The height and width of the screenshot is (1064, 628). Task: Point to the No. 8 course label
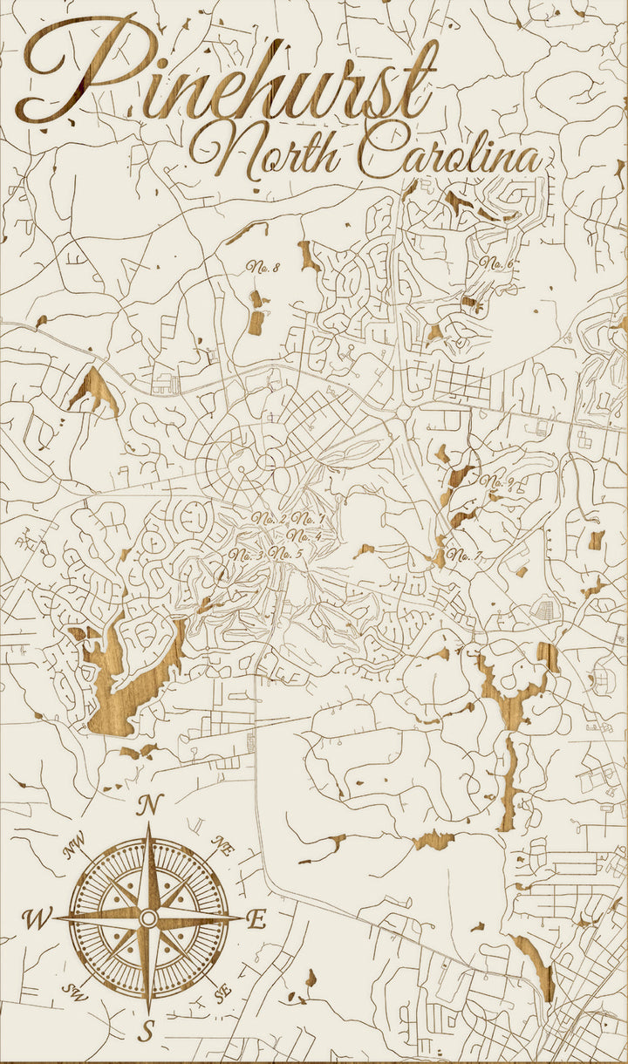(x=263, y=267)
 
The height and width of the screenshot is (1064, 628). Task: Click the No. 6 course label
(x=495, y=263)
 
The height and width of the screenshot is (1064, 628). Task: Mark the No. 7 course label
(x=466, y=556)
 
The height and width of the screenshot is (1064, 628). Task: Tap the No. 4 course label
(x=304, y=536)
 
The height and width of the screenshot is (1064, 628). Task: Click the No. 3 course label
(x=248, y=555)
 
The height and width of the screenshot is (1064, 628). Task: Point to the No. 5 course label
(x=286, y=554)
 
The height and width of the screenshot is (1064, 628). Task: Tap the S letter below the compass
(x=148, y=1031)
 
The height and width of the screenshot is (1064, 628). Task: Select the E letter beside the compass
(x=257, y=918)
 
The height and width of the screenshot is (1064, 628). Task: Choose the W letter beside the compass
(x=38, y=918)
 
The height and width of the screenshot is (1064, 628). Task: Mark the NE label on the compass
(x=223, y=844)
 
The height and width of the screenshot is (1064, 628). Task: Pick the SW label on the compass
(x=73, y=991)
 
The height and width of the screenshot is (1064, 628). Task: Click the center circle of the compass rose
(x=148, y=917)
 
